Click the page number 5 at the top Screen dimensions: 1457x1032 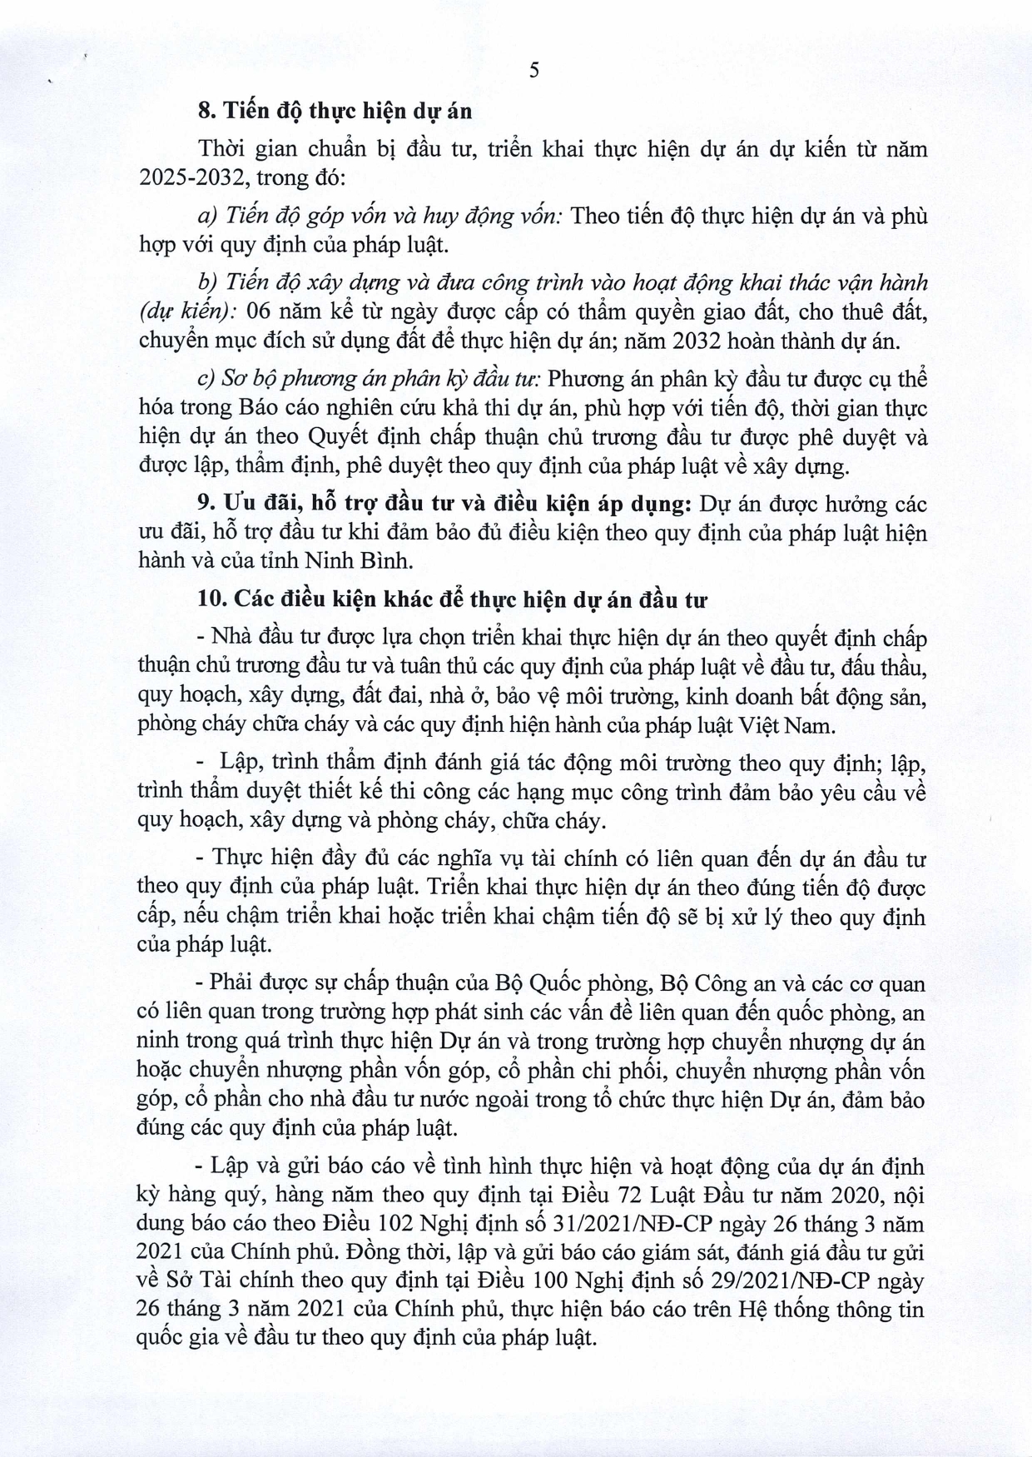534,70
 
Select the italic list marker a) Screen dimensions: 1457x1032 207,216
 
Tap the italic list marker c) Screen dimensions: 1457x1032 207,380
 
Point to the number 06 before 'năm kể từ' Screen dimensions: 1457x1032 260,312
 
